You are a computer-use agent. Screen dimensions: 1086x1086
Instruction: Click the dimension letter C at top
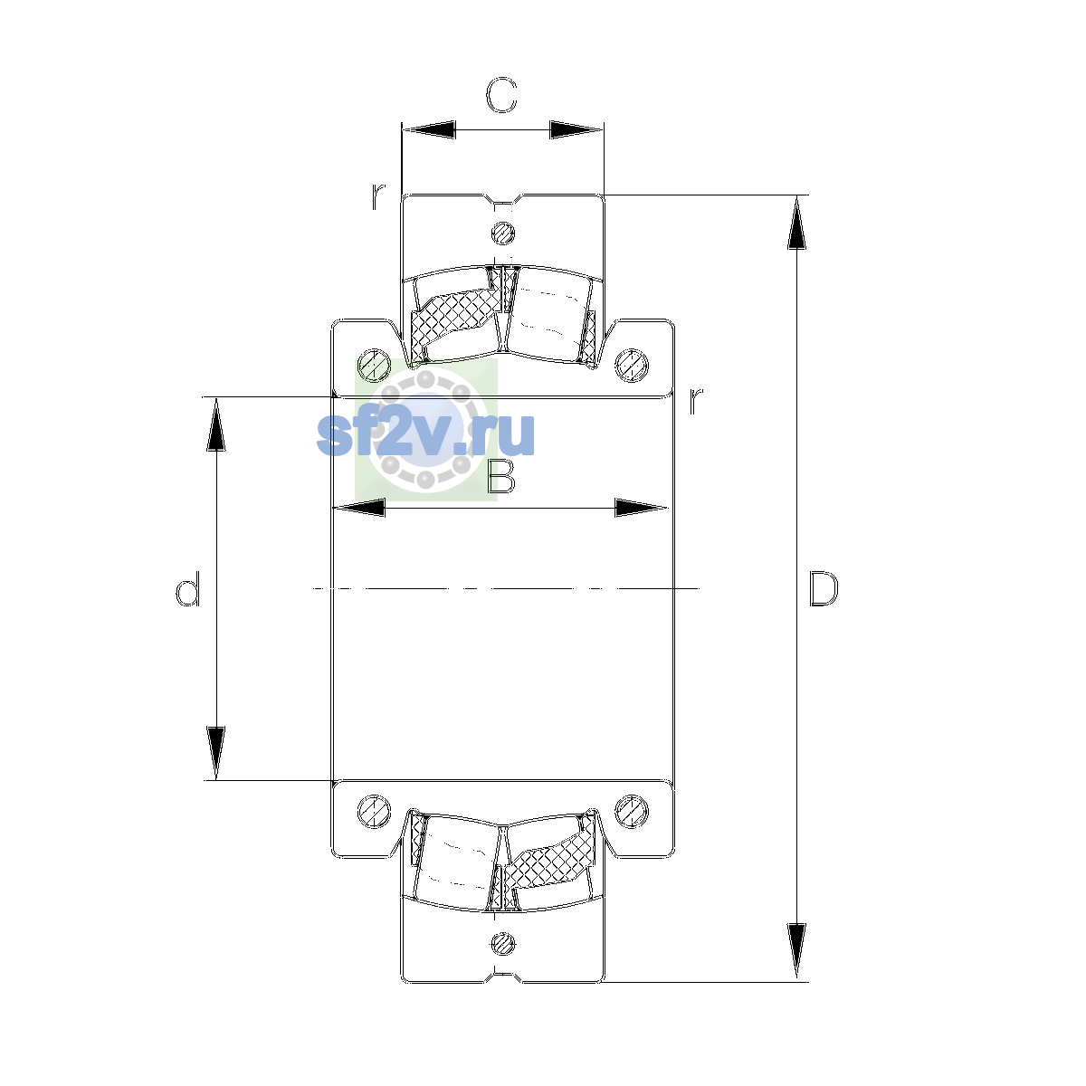[x=501, y=95]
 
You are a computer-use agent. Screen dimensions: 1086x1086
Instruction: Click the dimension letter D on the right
[x=824, y=589]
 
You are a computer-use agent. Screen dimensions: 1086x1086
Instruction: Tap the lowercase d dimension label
[x=187, y=588]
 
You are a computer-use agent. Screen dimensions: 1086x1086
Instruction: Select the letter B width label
[x=501, y=476]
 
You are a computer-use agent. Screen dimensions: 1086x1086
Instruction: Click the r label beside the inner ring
[x=697, y=401]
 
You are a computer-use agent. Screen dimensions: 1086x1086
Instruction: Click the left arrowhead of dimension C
[x=429, y=129]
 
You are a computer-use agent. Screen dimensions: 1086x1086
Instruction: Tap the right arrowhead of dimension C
[x=576, y=129]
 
